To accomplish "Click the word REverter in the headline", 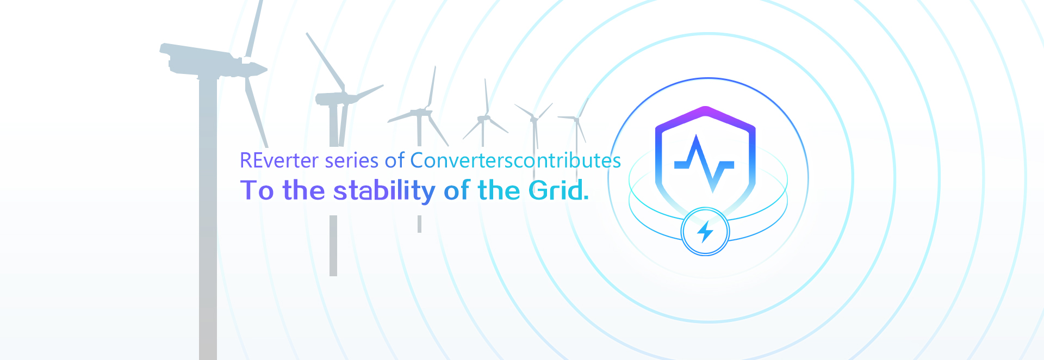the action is pos(279,160).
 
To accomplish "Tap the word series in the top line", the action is pos(351,160).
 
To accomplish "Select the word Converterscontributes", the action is pos(515,160).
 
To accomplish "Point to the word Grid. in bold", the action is pos(559,190).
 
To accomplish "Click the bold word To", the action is pos(257,190).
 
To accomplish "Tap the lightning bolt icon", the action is pos(705,232).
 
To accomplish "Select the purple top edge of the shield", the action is pos(705,115).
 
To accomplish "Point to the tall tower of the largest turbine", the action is pos(208,218).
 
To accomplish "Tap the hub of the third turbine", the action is pos(425,112).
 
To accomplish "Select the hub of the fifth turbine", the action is pos(535,119).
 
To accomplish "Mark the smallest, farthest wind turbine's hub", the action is pos(576,118).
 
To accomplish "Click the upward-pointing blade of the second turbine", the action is pos(325,61).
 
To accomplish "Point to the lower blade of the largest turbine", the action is pos(256,111).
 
